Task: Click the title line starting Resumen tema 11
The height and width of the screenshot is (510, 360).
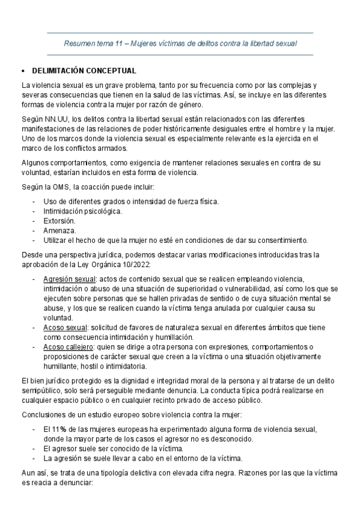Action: click(180, 44)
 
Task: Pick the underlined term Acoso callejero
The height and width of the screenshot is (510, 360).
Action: click(68, 347)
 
